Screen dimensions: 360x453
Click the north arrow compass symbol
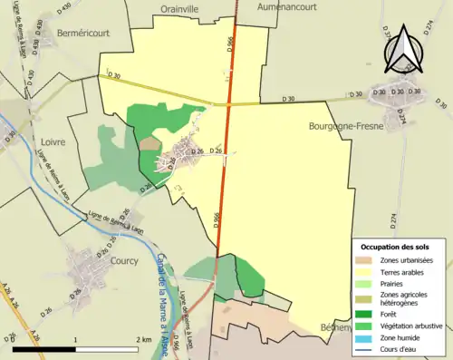405,48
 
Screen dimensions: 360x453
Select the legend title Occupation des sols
396,247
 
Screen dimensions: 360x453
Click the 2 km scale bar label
143,339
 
